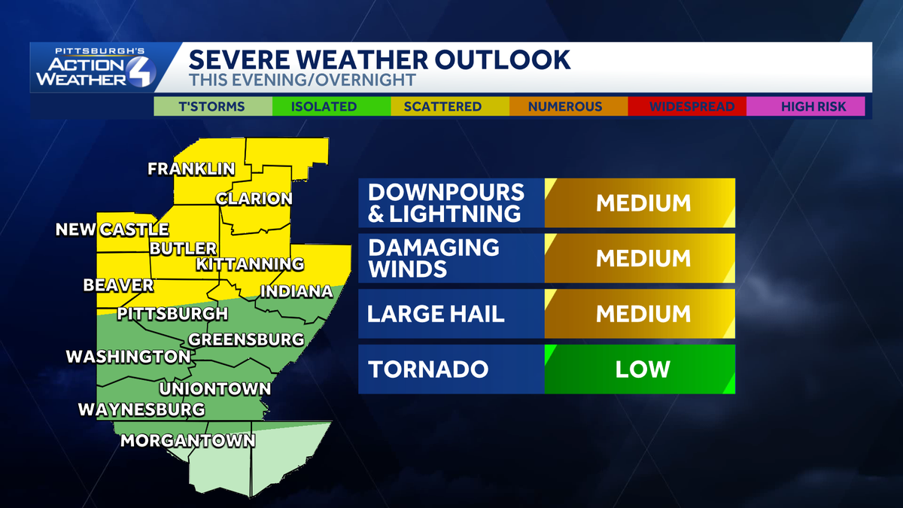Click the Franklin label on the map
pyautogui.click(x=191, y=169)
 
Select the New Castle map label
pyautogui.click(x=112, y=230)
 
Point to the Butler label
pyautogui.click(x=183, y=248)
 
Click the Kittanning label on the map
pyautogui.click(x=250, y=264)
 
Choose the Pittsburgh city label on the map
pyautogui.click(x=172, y=313)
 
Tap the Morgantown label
pyautogui.click(x=188, y=441)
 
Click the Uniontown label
pyautogui.click(x=214, y=389)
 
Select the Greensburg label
pyautogui.click(x=246, y=339)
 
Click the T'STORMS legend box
pyautogui.click(x=211, y=106)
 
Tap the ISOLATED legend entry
pyautogui.click(x=324, y=106)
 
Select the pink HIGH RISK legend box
pyautogui.click(x=805, y=106)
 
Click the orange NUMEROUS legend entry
pyautogui.click(x=565, y=106)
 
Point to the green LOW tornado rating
pyautogui.click(x=643, y=370)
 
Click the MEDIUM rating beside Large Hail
pyautogui.click(x=643, y=314)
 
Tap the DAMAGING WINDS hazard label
pyautogui.click(x=433, y=258)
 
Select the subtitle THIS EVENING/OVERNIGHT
pyautogui.click(x=303, y=79)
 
